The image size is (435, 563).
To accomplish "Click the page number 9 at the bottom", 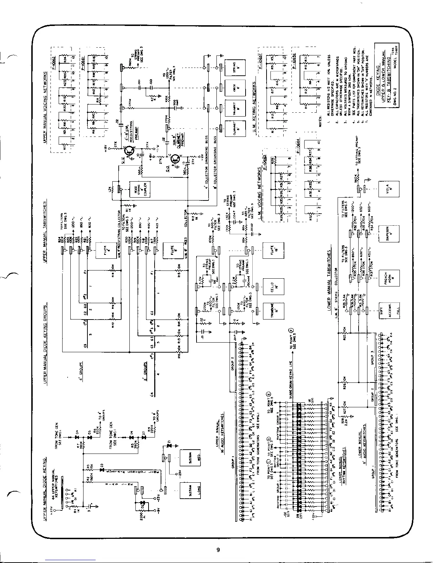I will click(x=218, y=550).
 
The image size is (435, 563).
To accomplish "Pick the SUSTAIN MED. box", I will click(x=190, y=459).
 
